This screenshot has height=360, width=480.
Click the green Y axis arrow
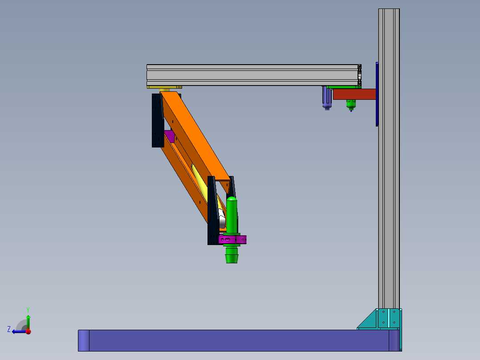(28, 322)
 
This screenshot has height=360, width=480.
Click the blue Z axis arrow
(19, 331)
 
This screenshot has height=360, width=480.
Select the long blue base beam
(239, 340)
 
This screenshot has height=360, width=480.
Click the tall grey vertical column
(389, 160)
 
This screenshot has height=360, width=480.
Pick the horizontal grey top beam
(254, 75)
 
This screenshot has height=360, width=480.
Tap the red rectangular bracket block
(354, 94)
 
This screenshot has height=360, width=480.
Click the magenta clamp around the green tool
(232, 239)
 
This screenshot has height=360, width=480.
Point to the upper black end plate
(158, 120)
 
